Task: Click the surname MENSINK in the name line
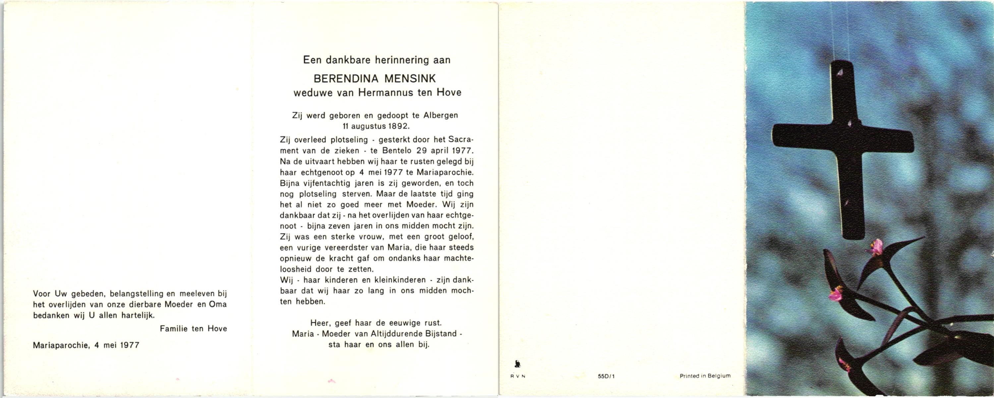[x=410, y=79]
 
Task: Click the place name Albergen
[x=441, y=115]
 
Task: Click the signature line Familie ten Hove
[x=193, y=329]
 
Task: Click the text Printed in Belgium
[x=705, y=375]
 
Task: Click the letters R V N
[x=518, y=376]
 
